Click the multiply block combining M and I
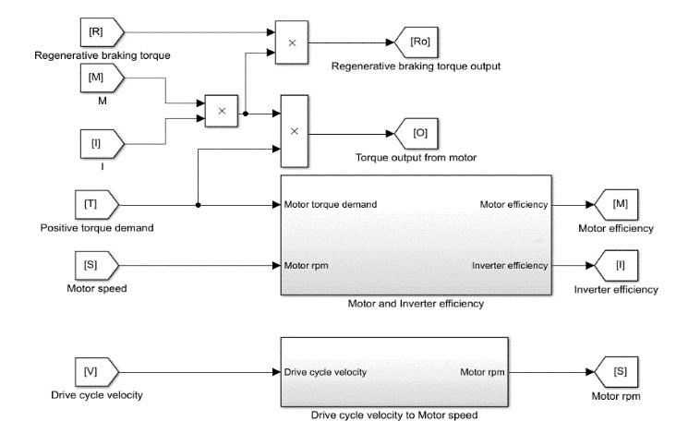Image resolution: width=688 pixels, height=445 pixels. pos(221,111)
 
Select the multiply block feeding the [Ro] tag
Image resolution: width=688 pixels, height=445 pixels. pos(293,42)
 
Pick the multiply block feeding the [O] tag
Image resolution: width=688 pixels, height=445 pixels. pos(295,130)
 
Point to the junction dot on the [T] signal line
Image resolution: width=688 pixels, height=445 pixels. pos(199,205)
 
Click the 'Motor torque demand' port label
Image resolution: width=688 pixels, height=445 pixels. pos(331,205)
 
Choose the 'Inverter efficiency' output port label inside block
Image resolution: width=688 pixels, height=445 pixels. pos(509,266)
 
